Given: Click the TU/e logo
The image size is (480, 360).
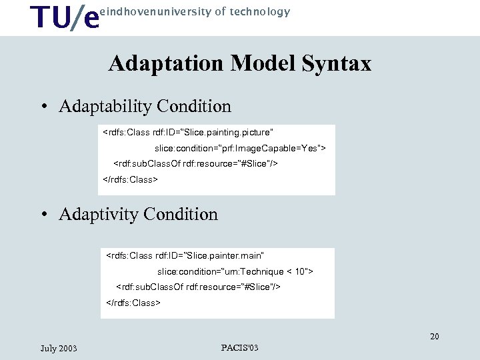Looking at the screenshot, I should coord(65,17).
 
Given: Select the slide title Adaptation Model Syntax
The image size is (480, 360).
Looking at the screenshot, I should coord(239,63).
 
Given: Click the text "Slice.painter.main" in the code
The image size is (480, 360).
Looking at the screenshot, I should coord(225,255).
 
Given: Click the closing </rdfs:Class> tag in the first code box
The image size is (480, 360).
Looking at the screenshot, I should coord(130,179).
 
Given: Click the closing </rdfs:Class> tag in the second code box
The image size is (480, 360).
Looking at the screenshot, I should coord(133,303).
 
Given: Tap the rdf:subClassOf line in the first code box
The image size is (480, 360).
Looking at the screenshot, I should coord(196,163).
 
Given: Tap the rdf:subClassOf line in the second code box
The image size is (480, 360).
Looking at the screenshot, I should coord(198,287).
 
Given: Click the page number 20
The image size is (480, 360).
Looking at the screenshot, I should coord(434,337).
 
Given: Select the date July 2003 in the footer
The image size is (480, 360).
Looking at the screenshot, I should coord(59,348).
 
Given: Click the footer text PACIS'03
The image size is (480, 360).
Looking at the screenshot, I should coord(239,347).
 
